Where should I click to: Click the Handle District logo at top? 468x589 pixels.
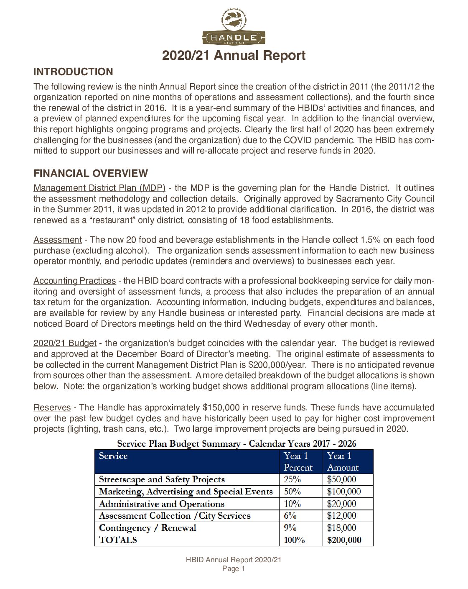234,27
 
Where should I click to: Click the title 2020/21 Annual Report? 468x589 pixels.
234,55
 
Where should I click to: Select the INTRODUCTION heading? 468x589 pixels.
73,72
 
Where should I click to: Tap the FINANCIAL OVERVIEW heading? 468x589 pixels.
91,173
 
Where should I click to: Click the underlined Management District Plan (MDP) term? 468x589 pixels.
99,188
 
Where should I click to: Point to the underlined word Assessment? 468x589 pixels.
58,240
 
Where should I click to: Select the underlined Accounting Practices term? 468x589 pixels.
74,281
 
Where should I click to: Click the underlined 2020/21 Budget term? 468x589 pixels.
65,343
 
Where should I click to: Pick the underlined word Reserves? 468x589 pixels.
52,407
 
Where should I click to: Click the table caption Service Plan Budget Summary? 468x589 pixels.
237,443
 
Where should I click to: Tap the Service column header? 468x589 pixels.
113,456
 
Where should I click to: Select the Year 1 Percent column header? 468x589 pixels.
298,461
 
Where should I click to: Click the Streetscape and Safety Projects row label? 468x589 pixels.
162,479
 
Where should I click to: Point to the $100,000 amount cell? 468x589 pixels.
344,492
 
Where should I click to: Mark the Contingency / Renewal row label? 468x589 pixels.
148,528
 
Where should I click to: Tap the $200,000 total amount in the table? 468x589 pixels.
344,540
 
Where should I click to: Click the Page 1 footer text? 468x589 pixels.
234,569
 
